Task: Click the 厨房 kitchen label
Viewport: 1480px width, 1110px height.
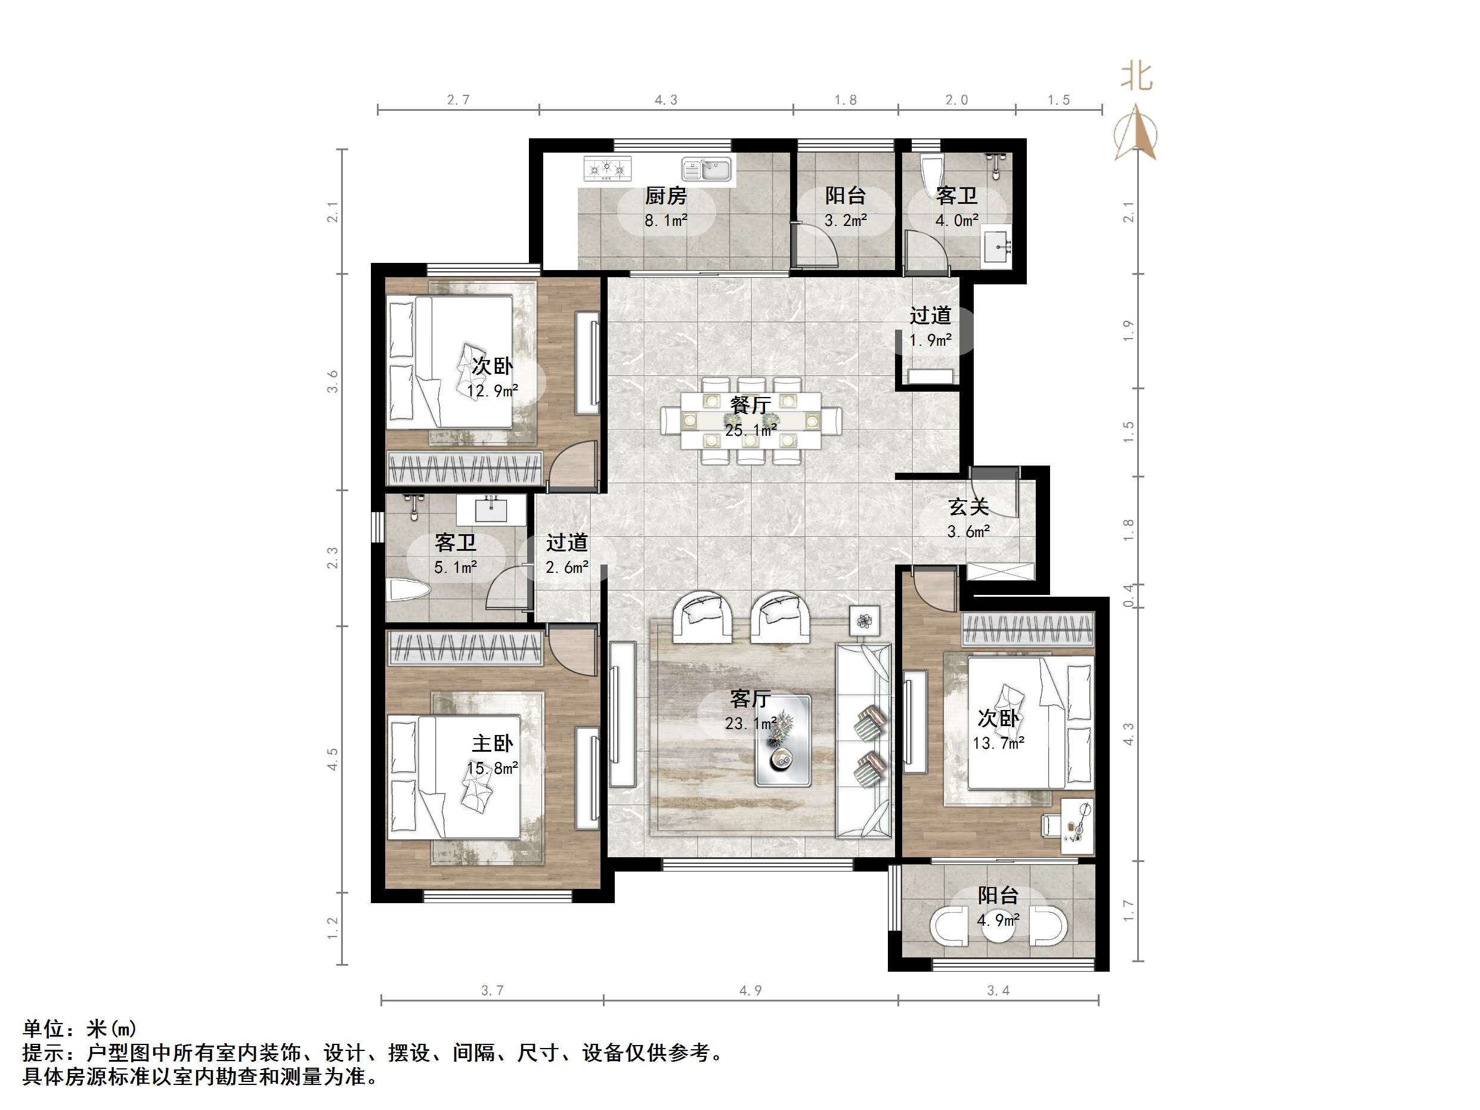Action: click(x=665, y=196)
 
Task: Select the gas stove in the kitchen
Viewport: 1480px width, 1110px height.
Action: click(x=608, y=169)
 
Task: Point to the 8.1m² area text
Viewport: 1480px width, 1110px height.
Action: click(x=665, y=220)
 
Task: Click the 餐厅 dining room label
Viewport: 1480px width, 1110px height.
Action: click(x=750, y=405)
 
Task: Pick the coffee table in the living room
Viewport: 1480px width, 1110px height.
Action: click(x=783, y=740)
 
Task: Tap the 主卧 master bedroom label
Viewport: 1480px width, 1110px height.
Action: click(x=493, y=743)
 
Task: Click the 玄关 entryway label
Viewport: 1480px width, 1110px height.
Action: click(x=968, y=507)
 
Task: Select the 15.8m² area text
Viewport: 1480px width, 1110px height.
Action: click(x=493, y=768)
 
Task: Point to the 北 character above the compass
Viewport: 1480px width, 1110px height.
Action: click(x=1136, y=77)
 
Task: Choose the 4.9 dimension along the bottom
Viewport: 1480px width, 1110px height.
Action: click(x=750, y=990)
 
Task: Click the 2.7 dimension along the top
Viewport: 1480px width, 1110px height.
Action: click(x=459, y=100)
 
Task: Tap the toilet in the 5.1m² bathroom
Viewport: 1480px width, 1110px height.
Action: click(x=408, y=591)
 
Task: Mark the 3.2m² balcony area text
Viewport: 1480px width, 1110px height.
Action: click(x=846, y=220)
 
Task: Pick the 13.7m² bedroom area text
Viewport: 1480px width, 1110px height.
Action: click(x=998, y=743)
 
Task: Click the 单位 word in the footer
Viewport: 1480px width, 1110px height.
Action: click(x=44, y=1028)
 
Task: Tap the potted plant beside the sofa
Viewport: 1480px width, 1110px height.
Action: click(x=865, y=622)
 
